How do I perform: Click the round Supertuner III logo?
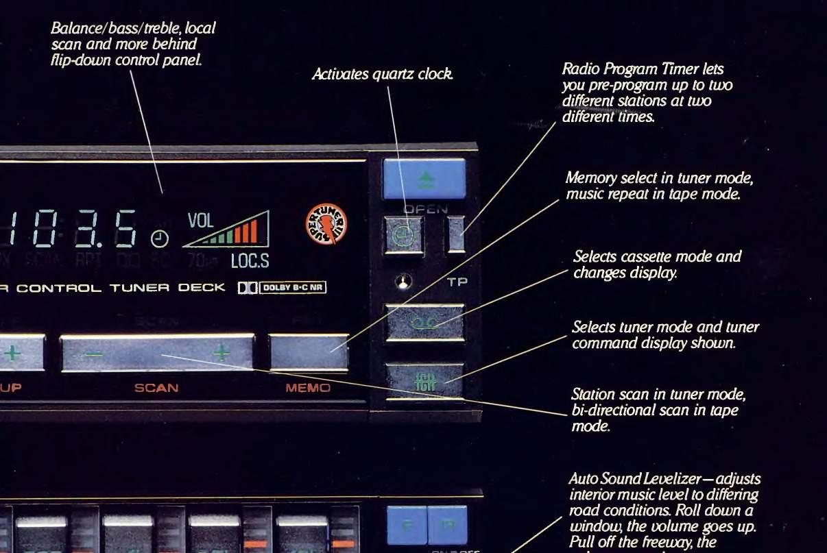coord(326,225)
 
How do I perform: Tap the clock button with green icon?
coord(404,234)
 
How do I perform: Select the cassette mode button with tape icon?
coord(424,321)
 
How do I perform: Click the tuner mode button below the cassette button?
coord(423,380)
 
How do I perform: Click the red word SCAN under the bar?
coord(156,388)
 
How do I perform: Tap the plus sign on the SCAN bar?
coord(221,353)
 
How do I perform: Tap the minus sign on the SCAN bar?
coord(94,355)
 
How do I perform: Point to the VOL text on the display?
coord(200,221)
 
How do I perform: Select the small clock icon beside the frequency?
coord(159,238)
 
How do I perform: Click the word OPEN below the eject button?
coord(425,209)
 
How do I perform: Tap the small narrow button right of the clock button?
coord(455,234)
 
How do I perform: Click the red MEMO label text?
coord(308,388)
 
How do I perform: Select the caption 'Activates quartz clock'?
coord(382,74)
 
